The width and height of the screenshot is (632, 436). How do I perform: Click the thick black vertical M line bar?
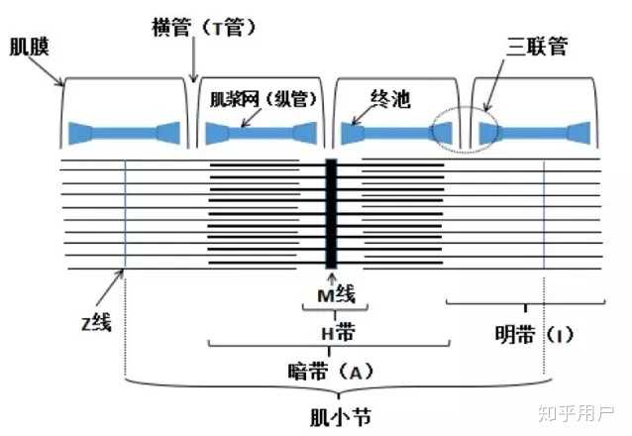(x=332, y=212)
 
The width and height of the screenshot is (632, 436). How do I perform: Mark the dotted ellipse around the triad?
(x=464, y=128)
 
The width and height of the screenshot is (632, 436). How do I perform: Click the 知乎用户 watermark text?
(x=576, y=410)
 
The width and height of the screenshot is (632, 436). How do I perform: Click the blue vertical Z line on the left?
(x=126, y=212)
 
